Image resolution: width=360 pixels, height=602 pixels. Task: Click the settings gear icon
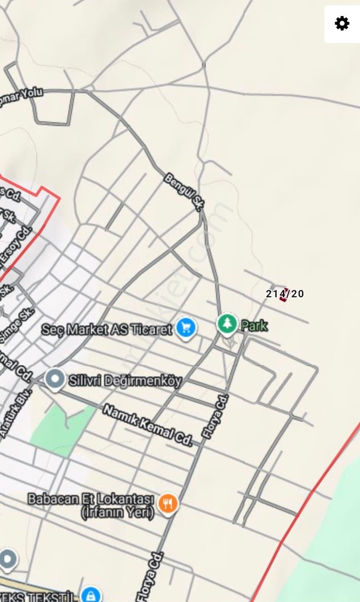(342, 24)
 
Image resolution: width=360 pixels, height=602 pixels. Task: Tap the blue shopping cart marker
(186, 328)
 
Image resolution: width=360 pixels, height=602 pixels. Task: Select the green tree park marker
(227, 324)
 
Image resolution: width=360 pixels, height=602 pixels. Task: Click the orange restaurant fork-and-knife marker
(168, 505)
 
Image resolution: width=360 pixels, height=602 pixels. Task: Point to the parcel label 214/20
(285, 294)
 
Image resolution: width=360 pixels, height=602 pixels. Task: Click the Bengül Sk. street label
(184, 192)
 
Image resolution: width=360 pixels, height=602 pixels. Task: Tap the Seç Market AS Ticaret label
(107, 329)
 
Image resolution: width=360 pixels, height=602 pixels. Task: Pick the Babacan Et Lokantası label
(91, 499)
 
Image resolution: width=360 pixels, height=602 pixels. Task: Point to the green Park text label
(254, 326)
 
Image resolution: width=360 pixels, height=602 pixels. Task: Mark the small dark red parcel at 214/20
(283, 295)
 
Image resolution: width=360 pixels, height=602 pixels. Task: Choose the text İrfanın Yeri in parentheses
(118, 513)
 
